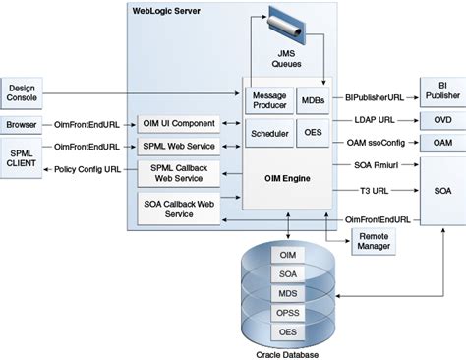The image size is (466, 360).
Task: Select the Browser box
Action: pos(22,125)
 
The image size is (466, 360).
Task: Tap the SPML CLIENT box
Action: pos(22,156)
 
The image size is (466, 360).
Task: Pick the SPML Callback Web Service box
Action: pos(178,174)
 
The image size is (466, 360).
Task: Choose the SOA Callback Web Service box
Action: pos(178,209)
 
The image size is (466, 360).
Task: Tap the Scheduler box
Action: pos(268,133)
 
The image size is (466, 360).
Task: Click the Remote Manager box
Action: pos(374,242)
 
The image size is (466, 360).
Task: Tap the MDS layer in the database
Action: pos(288,292)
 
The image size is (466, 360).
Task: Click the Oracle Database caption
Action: pos(287,353)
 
